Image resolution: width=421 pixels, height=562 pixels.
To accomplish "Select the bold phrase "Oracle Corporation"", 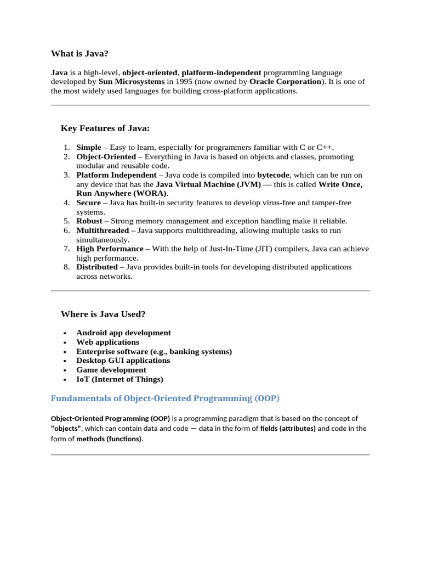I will point(285,82).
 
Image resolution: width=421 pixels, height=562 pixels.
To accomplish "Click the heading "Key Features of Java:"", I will point(105,128).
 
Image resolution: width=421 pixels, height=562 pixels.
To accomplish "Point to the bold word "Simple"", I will point(89,148).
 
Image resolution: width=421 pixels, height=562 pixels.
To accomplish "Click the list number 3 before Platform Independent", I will point(66,175).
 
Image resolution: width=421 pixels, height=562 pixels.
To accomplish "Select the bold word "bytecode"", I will point(274,175).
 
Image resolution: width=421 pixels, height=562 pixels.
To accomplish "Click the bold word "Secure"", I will point(89,203).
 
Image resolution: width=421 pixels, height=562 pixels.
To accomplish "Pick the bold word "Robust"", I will point(89,221).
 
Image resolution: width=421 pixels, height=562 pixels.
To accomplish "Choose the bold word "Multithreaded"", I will point(103,231).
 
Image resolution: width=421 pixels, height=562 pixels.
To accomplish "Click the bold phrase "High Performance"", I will point(110,249).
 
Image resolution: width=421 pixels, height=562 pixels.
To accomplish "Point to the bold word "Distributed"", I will point(97,267).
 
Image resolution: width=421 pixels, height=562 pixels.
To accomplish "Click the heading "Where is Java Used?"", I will point(103,314).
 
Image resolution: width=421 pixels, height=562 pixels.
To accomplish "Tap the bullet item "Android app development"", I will point(123,333).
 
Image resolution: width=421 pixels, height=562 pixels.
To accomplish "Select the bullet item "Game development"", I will point(111,370).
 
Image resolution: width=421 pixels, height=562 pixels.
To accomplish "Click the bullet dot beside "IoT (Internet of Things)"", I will point(65,380).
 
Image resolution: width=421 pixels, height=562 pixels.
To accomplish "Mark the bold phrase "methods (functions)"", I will point(109,439).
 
